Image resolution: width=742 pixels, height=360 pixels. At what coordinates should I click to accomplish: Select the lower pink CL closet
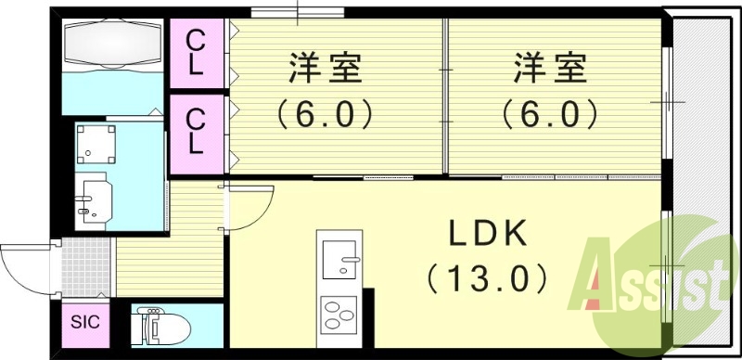198,130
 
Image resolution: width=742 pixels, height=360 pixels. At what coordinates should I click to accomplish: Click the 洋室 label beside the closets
324,71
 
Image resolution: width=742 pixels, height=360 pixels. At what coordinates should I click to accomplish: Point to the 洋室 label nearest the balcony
551,71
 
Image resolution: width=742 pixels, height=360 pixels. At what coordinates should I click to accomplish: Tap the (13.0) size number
489,276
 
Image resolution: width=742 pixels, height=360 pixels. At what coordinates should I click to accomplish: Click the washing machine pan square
96,144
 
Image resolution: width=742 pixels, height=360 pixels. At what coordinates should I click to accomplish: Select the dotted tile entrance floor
86,268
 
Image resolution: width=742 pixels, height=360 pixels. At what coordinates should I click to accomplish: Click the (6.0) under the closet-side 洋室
324,114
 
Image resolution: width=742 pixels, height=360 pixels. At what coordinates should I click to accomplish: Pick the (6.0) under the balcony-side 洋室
551,114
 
